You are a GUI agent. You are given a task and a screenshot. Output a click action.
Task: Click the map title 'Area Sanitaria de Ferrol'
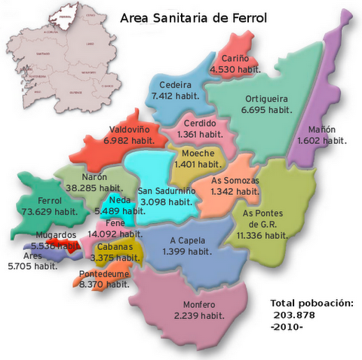(192, 17)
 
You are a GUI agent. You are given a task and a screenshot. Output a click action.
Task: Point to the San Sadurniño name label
(167, 191)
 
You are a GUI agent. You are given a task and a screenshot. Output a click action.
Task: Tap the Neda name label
(119, 200)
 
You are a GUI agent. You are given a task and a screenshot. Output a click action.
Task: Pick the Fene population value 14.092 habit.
(115, 234)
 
